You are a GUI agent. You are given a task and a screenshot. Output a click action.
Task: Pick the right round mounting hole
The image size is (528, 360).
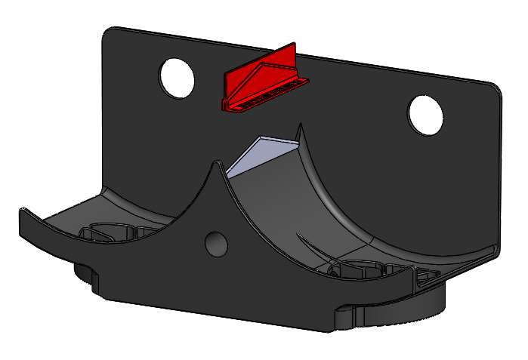[425, 115]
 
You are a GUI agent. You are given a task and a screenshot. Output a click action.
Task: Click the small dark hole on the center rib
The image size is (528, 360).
[216, 242]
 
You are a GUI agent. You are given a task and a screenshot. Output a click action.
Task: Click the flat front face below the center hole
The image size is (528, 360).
[227, 287]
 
